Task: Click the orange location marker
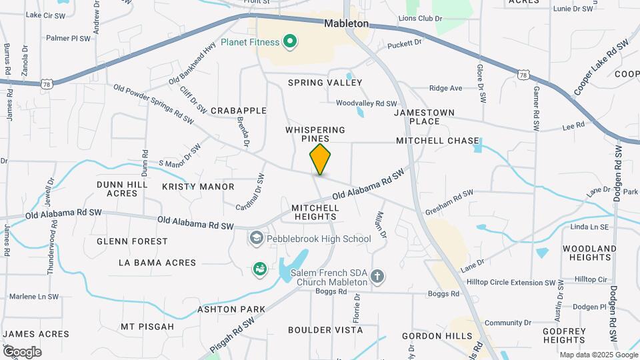coord(320,159)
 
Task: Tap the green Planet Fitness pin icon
coord(290,43)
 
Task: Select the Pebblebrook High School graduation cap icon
coord(256,238)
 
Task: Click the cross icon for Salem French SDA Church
coord(377,276)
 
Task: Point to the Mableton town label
coord(346,23)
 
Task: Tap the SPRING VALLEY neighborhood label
coord(325,83)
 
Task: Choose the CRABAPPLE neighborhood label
coord(238,111)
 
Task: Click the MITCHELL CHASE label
coord(437,141)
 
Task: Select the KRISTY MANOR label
coord(198,187)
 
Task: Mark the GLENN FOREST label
coord(132,241)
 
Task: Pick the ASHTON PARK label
coord(231,309)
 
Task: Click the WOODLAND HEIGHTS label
coord(589,253)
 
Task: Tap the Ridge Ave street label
coord(445,88)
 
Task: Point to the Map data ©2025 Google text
coord(598,355)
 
